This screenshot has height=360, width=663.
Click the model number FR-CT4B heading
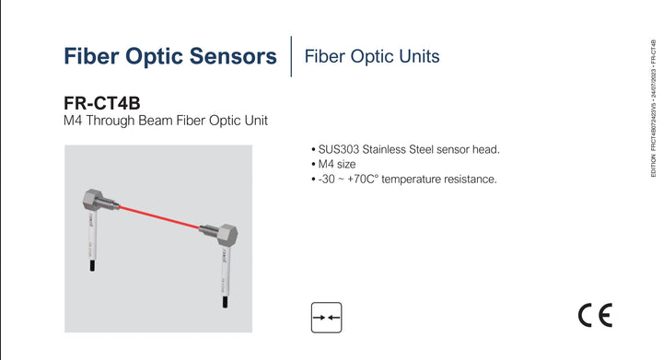(x=102, y=105)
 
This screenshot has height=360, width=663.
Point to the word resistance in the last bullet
(x=467, y=179)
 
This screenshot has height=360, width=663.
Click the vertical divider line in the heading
(x=291, y=56)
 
